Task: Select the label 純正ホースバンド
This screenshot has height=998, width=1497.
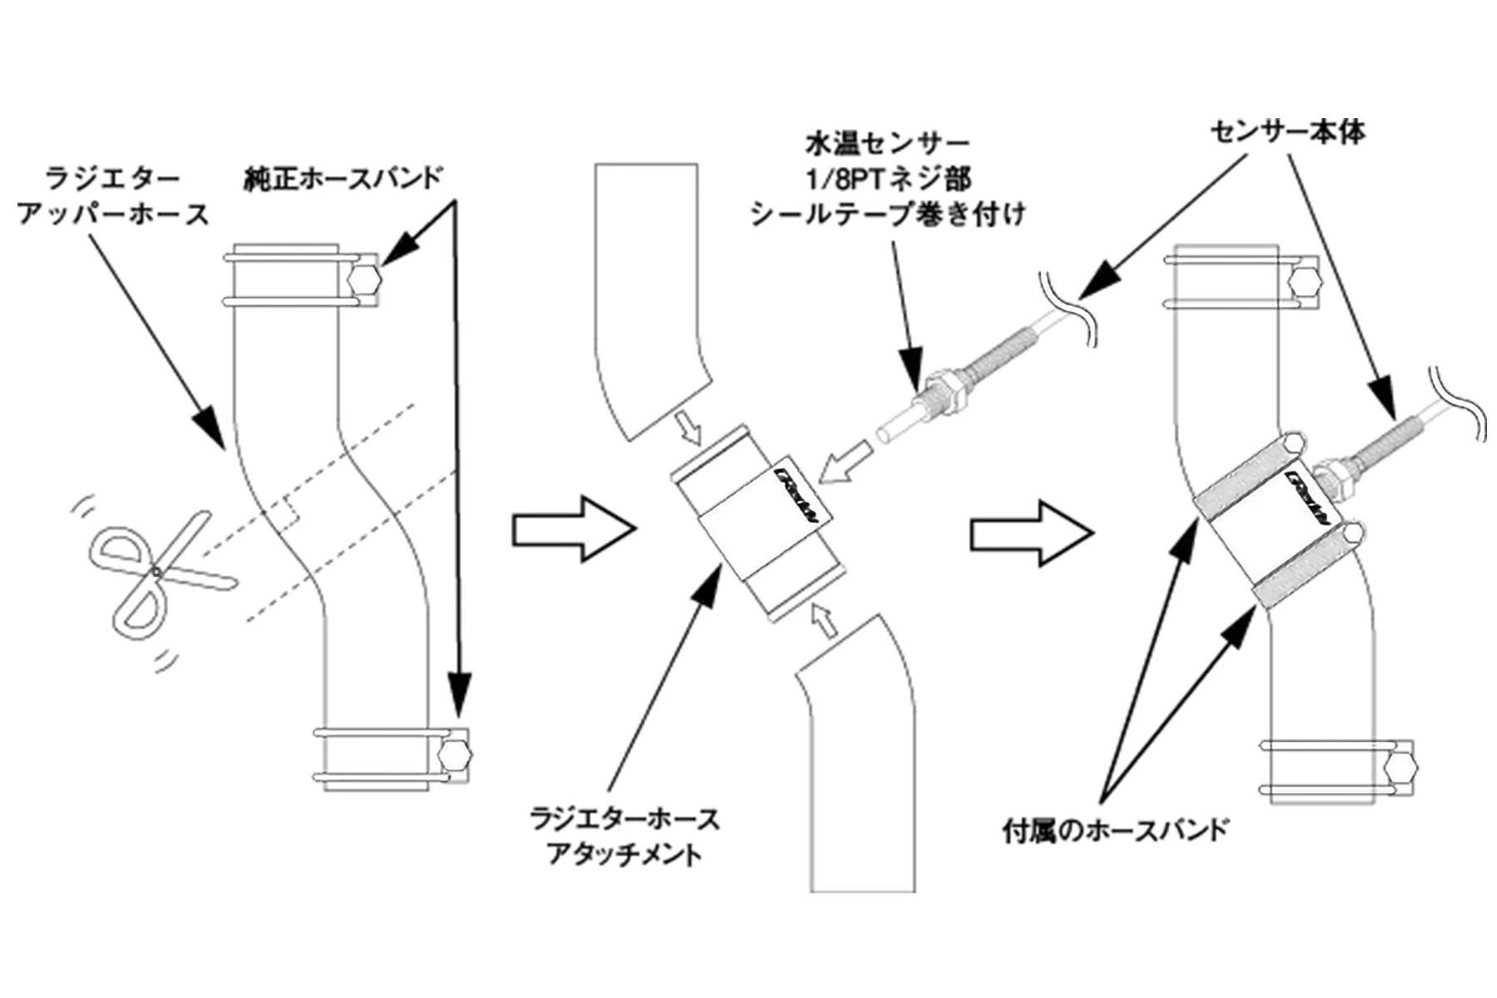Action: pyautogui.click(x=343, y=178)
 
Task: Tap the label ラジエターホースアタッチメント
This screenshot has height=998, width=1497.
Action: pyautogui.click(x=625, y=837)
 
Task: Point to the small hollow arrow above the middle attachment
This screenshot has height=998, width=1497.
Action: pyautogui.click(x=688, y=429)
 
